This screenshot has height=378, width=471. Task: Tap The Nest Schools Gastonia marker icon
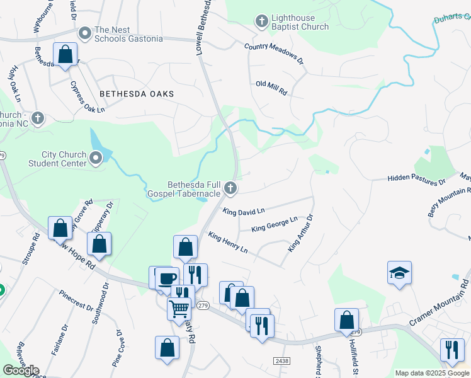84,32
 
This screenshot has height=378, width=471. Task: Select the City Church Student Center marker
96,157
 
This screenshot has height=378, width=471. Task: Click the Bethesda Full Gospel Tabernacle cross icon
231,187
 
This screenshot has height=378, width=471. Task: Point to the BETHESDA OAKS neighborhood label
136,93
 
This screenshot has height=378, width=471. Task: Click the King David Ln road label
244,212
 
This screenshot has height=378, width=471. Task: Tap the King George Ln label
274,224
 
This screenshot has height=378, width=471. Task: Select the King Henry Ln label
228,243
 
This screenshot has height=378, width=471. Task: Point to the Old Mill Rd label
271,88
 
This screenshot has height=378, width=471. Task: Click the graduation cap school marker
399,273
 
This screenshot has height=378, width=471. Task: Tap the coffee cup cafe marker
167,278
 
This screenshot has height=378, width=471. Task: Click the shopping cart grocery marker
179,309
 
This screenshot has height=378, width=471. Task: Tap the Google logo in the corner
21,370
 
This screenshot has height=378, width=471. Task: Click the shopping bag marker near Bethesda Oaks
65,54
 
